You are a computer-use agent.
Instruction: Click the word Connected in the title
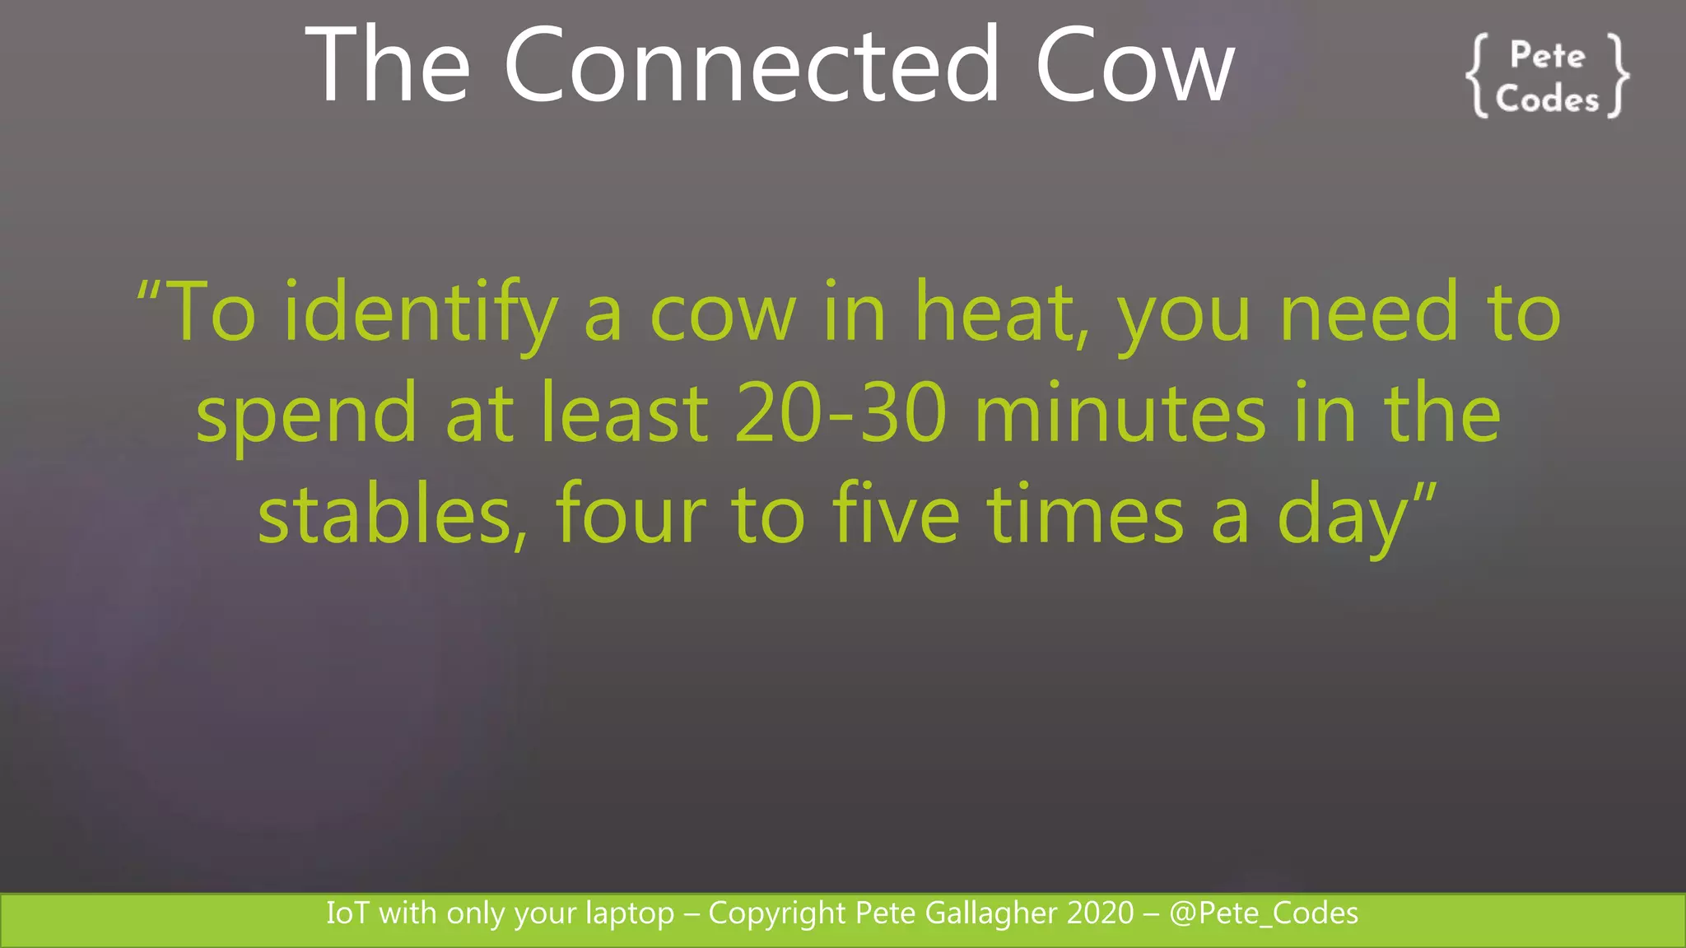(x=751, y=65)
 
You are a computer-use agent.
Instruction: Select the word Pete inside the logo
(x=1547, y=56)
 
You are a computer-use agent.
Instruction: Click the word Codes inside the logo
(x=1547, y=100)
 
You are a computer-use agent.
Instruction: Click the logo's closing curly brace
(x=1618, y=77)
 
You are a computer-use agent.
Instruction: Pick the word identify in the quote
(x=420, y=313)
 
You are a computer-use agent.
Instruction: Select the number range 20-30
(x=841, y=413)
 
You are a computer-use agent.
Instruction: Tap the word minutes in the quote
(x=1120, y=413)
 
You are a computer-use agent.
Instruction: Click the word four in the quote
(x=631, y=513)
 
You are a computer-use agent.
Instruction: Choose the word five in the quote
(x=896, y=513)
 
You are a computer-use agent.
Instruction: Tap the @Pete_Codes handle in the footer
(x=1264, y=913)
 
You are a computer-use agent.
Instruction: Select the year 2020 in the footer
(x=1100, y=913)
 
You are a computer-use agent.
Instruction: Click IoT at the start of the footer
(x=347, y=913)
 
